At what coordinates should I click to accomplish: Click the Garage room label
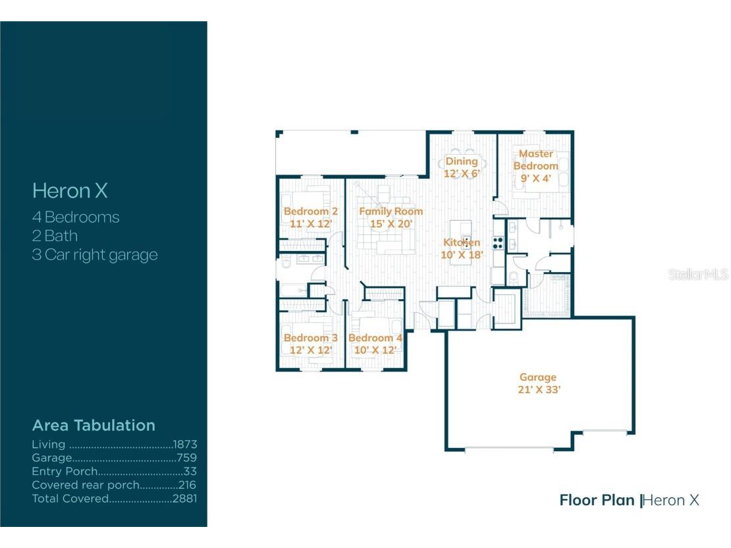coord(537,377)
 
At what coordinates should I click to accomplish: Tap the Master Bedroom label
coord(535,160)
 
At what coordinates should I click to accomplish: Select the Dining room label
coord(461,161)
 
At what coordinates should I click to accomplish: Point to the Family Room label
coord(391,211)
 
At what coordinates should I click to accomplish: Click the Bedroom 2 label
coord(310,211)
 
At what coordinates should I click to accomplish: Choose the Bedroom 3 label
coord(310,338)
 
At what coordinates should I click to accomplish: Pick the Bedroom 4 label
coord(375,338)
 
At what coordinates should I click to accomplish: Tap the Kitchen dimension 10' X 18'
coord(462,255)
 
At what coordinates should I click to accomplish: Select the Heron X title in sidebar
coord(70,191)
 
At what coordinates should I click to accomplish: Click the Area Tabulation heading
coord(94,425)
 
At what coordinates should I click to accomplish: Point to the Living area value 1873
coord(185,445)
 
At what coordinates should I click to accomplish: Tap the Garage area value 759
coord(187,458)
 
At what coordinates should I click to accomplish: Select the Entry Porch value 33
coord(190,472)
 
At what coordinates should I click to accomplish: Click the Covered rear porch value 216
coord(187,485)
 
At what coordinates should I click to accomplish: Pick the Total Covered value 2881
coord(185,499)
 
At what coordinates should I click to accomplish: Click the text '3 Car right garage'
coord(95,255)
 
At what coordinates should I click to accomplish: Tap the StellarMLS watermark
coord(698,274)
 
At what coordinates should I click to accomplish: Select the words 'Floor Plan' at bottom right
coord(597,500)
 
